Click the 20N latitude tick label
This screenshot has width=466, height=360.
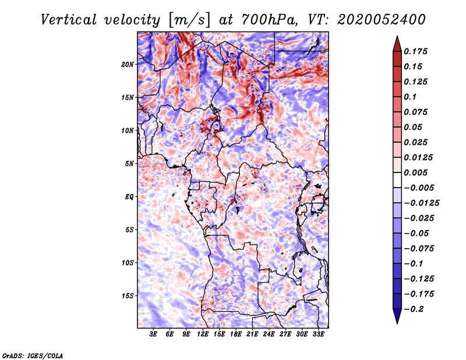coord(128,65)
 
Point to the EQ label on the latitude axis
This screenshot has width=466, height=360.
coord(129,197)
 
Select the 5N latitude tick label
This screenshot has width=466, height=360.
coord(129,164)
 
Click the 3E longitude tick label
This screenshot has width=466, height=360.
coord(153,334)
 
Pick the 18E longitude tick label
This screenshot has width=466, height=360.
coord(236,334)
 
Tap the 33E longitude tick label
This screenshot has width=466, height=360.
coord(318,334)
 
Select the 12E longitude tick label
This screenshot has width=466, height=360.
coord(203,334)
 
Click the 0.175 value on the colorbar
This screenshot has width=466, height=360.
coord(415,51)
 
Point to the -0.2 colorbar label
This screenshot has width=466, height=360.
coord(414,309)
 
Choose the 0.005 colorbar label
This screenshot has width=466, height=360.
coord(415,172)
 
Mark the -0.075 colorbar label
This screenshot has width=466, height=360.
coord(419,249)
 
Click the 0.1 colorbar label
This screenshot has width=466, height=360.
coord(410,97)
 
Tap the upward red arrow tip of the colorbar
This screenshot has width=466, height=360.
coord(397,37)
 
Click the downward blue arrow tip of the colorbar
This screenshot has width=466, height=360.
coord(397,323)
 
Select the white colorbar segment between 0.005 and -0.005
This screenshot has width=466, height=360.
coord(397,180)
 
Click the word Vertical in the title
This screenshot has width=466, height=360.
coord(69,20)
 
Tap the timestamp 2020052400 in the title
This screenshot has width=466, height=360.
coord(381,20)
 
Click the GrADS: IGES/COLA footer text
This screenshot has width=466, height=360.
coord(33,355)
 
